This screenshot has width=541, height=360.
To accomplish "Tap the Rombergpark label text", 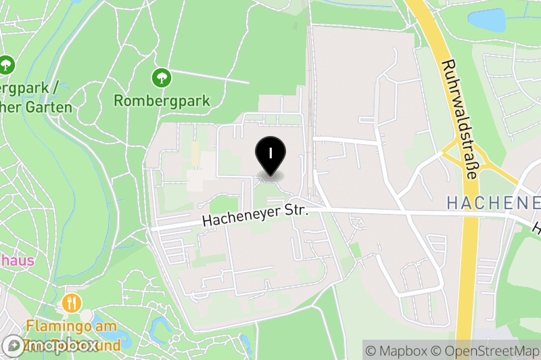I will pos(162,101).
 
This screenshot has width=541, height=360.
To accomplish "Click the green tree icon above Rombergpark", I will pos(161,78).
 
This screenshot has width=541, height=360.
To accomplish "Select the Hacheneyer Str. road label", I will pos(256,216).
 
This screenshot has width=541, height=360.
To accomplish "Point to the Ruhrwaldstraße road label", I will pos(459,119).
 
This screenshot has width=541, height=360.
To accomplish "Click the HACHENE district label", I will pos(494,202).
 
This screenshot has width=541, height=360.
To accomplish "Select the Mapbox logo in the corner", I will pos(51,345).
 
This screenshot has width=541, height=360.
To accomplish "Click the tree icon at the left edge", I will pos(7,65).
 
